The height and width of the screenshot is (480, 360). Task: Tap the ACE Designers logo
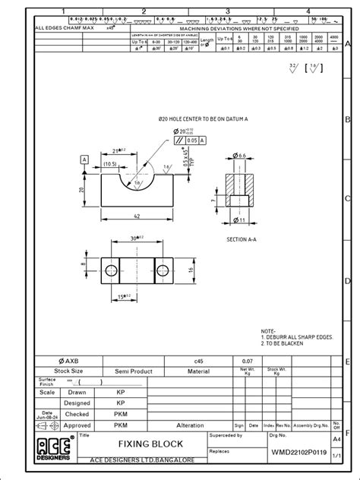click(x=55, y=447)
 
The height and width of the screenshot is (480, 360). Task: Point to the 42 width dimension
click(x=137, y=216)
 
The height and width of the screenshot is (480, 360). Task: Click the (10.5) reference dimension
click(x=109, y=163)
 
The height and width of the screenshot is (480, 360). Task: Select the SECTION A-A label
click(x=244, y=238)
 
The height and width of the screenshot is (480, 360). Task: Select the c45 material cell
click(x=198, y=361)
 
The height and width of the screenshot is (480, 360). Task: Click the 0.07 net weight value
click(x=248, y=361)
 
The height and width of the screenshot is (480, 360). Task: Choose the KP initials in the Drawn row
click(x=120, y=392)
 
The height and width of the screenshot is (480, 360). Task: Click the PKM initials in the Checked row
click(x=120, y=415)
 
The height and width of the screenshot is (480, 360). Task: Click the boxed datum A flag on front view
click(x=84, y=159)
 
